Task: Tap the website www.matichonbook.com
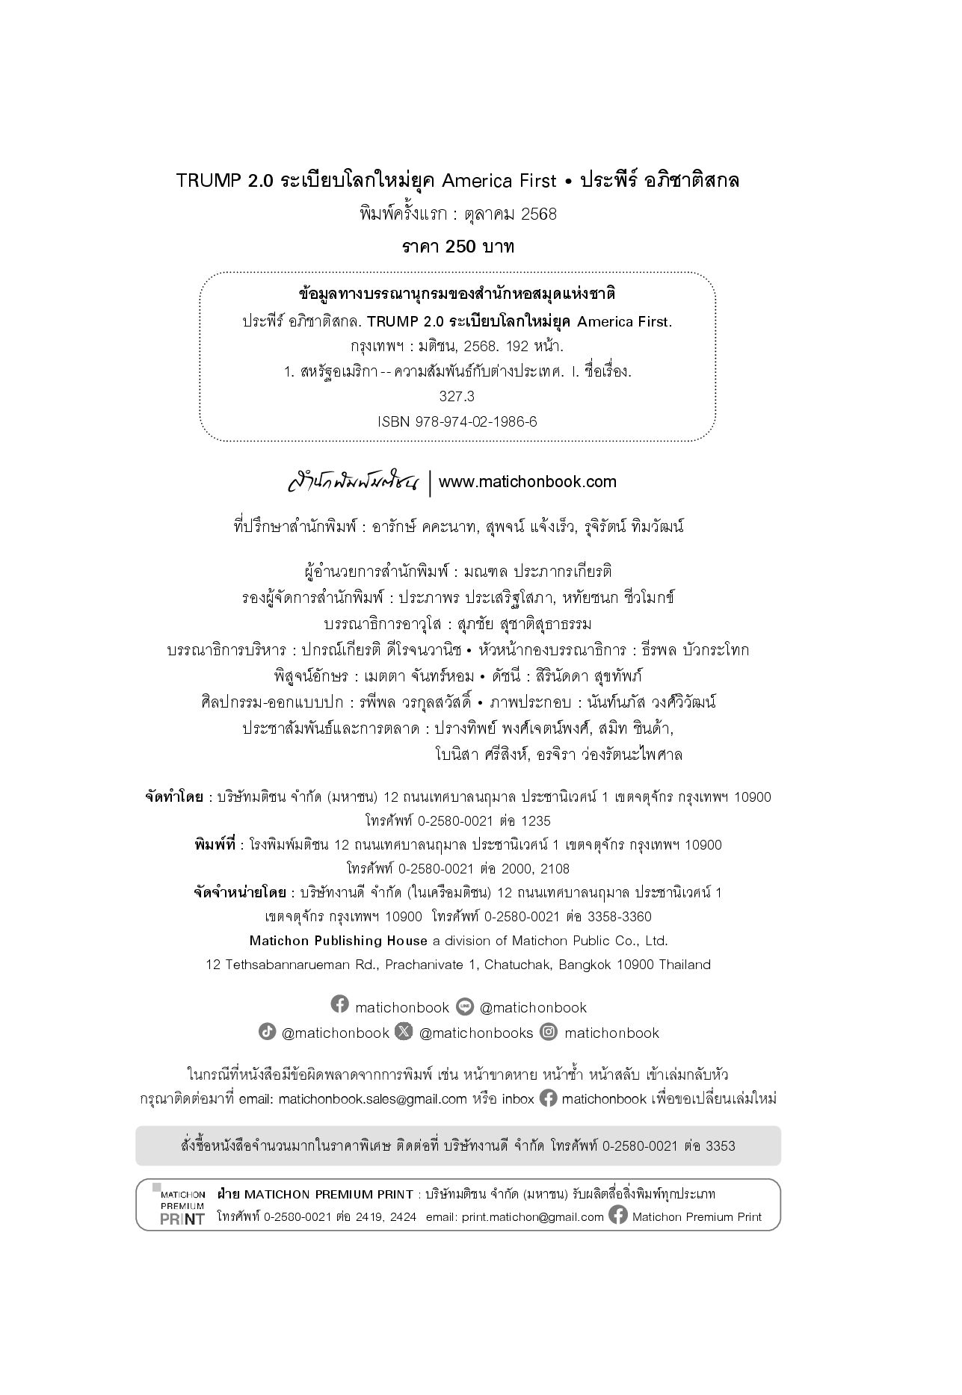(x=528, y=482)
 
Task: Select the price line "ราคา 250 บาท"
(x=457, y=247)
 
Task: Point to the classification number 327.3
(x=457, y=396)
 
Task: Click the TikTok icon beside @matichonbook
(x=267, y=1032)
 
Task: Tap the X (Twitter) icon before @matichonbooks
(x=404, y=1032)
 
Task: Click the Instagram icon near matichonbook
(x=549, y=1032)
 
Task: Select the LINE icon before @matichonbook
(x=465, y=1006)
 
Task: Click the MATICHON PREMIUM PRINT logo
(x=182, y=1207)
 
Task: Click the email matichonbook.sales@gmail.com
(x=372, y=1099)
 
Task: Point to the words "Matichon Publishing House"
(x=339, y=941)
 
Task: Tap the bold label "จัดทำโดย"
(x=174, y=797)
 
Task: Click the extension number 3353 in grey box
(x=721, y=1145)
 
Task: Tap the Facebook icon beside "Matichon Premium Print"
(x=618, y=1216)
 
